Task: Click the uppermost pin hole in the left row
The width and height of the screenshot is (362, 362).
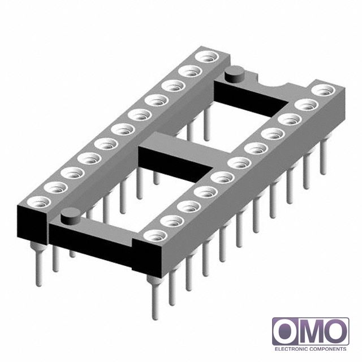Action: click(206, 57)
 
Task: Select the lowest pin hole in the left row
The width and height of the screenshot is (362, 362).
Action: click(39, 202)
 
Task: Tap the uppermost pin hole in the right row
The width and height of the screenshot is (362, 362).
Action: click(323, 90)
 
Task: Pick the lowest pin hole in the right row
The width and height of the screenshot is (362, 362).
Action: click(155, 235)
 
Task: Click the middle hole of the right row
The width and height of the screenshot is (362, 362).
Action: click(239, 163)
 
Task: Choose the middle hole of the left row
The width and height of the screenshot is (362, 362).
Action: click(123, 130)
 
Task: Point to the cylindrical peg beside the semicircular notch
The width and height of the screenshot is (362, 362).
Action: click(234, 74)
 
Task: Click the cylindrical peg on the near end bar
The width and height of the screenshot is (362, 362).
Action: click(70, 216)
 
